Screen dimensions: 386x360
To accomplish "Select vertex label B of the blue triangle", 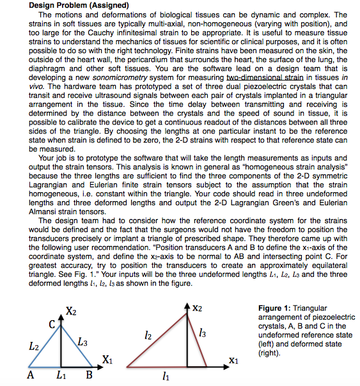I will [x=90, y=374].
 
